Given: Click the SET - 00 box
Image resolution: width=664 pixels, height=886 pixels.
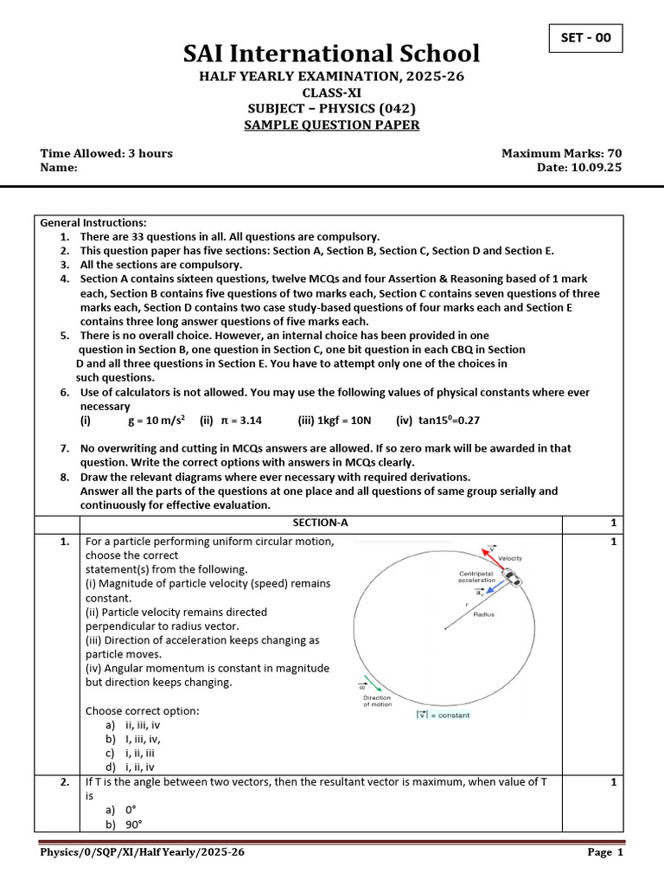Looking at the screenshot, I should pos(585,38).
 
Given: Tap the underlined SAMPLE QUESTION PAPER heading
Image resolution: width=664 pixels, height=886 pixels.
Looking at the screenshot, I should pos(332,125).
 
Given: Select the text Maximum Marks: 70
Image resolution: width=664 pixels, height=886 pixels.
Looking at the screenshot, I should pos(561,153).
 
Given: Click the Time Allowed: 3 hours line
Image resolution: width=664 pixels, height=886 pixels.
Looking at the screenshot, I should pos(106,153).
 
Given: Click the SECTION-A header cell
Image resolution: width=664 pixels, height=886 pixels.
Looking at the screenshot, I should pos(321,523).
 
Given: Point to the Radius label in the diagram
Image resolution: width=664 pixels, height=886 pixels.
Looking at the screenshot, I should pos(484,614).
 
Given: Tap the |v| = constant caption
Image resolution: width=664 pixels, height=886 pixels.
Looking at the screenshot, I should pos(443,714).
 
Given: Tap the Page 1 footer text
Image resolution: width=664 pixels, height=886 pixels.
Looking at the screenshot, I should pos(605,852).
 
